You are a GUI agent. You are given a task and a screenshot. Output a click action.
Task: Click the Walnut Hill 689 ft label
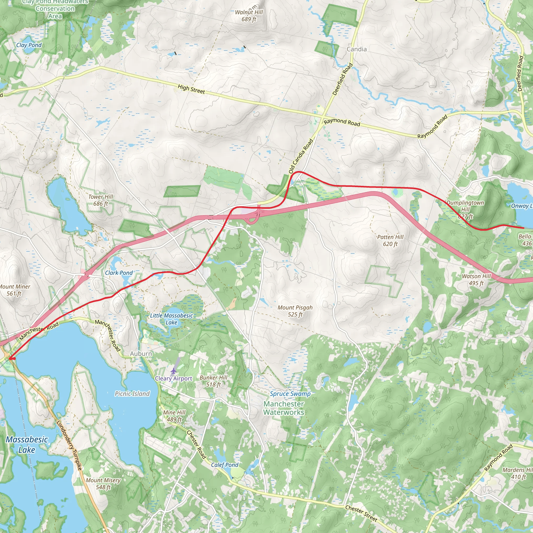pyautogui.click(x=249, y=16)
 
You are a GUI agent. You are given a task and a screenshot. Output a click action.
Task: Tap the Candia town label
pyautogui.click(x=357, y=49)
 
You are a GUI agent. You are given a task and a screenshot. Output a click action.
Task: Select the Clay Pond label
pyautogui.click(x=29, y=45)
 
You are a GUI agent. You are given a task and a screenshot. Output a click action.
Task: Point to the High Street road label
pyautogui.click(x=191, y=89)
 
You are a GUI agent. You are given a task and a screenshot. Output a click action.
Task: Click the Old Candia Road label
pyautogui.click(x=301, y=156)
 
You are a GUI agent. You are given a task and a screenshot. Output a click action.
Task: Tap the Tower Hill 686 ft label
pyautogui.click(x=100, y=200)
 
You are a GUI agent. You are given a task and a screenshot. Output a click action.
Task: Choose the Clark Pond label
pyautogui.click(x=119, y=272)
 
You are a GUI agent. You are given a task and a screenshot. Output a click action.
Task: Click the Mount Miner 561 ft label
pyautogui.click(x=14, y=290)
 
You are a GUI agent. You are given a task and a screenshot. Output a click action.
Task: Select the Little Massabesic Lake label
pyautogui.click(x=171, y=319)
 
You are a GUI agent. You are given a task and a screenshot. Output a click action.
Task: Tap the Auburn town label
pyautogui.click(x=141, y=353)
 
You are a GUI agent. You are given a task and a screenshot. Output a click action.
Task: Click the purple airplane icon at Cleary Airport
pyautogui.click(x=173, y=371)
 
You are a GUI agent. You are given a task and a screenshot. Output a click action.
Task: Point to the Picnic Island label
pyautogui.click(x=132, y=394)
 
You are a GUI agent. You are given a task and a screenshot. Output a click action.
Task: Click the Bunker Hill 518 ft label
pyautogui.click(x=213, y=381)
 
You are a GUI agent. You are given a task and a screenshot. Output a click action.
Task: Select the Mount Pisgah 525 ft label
pyautogui.click(x=295, y=311)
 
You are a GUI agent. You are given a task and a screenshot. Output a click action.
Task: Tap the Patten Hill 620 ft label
pyautogui.click(x=390, y=240)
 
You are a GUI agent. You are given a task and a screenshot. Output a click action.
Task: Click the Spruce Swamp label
pyautogui.click(x=290, y=394)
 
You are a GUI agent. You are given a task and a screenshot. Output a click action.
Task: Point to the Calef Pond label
pyautogui.click(x=225, y=465)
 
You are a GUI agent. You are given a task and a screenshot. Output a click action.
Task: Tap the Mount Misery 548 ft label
pyautogui.click(x=103, y=484)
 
